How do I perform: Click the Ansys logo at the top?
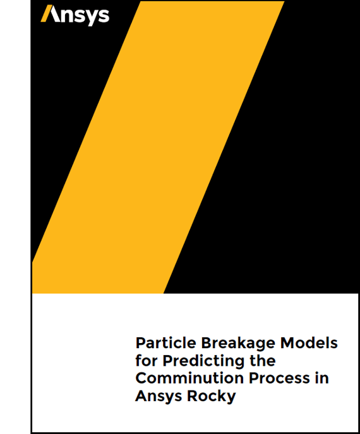click(x=75, y=15)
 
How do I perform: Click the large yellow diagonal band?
click(x=158, y=145)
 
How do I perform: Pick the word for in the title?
click(x=147, y=361)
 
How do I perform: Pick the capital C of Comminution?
click(x=141, y=379)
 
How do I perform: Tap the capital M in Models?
click(x=285, y=344)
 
